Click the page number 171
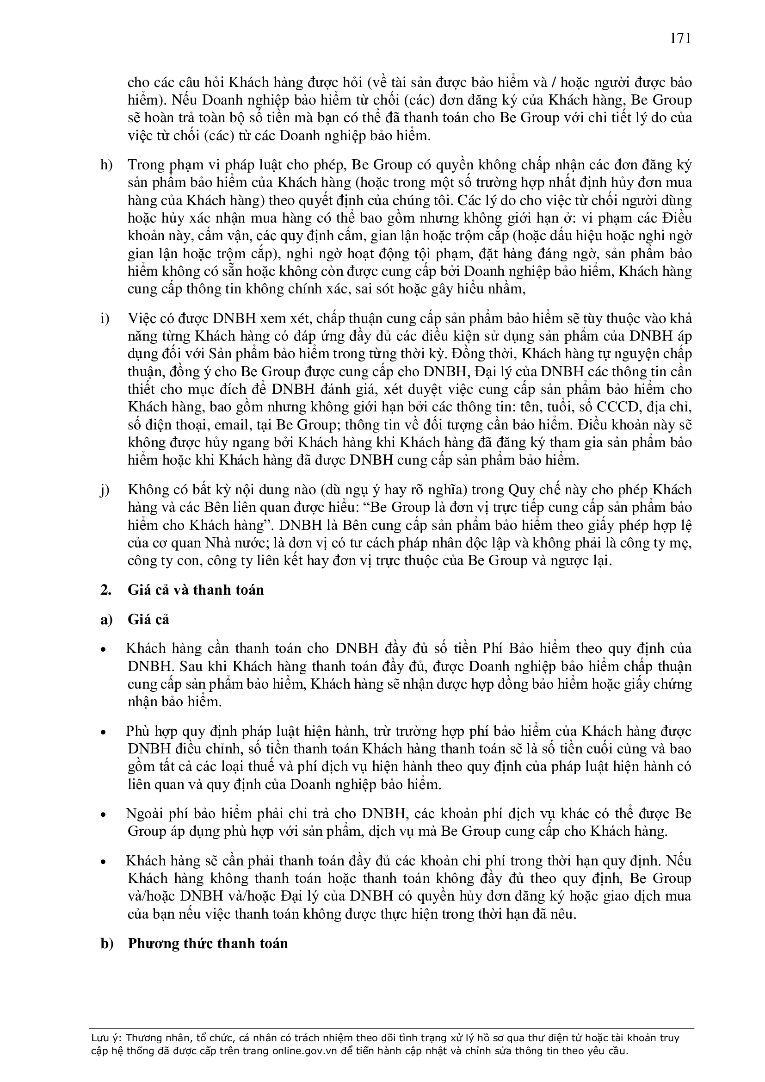click(680, 39)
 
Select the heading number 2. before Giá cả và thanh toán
click(105, 590)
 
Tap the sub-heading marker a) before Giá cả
click(106, 619)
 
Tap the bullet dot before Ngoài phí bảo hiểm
click(104, 815)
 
